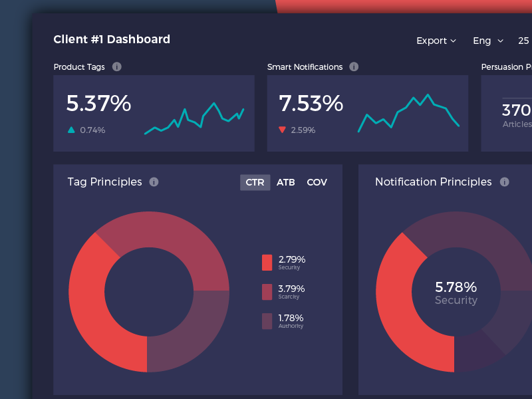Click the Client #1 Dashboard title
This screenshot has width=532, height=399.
[x=112, y=39]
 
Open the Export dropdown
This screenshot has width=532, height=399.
[x=436, y=41]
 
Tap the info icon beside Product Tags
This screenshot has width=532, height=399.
[x=117, y=66]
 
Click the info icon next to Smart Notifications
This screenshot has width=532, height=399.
[x=354, y=66]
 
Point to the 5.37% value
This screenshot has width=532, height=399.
[x=98, y=104]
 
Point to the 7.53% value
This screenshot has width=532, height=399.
[x=311, y=104]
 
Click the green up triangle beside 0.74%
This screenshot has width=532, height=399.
[x=71, y=130]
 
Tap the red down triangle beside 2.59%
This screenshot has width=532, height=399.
[x=283, y=130]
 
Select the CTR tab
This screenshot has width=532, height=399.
[x=255, y=182]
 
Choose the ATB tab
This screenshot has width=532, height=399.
[x=286, y=182]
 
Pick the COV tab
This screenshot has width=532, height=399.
[x=317, y=182]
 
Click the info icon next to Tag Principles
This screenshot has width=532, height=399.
[x=154, y=182]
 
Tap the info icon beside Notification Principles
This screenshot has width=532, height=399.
[x=504, y=182]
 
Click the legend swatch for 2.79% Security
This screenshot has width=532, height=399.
[x=267, y=262]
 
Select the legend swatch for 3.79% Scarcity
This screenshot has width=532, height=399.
[x=267, y=291]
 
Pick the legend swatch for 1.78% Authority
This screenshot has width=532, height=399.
[x=267, y=321]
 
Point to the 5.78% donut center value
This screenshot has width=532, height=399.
[x=456, y=287]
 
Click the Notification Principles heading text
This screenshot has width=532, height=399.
[x=433, y=182]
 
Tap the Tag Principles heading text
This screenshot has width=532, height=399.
[x=104, y=182]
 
